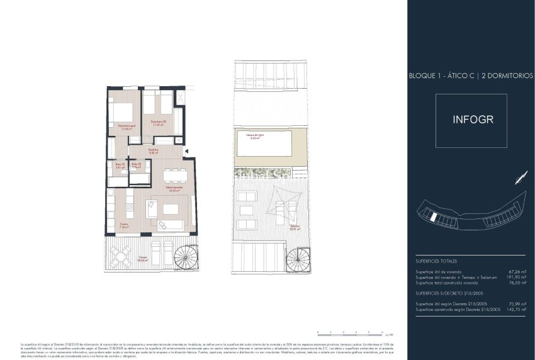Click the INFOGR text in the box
click(x=471, y=120)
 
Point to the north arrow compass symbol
click(x=520, y=177)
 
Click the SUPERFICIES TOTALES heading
click(x=436, y=261)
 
